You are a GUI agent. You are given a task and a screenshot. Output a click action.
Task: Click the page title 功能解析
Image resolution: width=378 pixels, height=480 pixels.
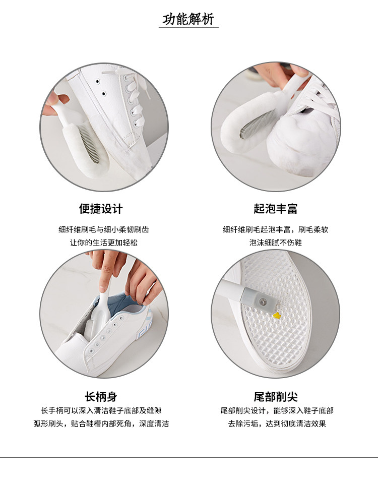pyautogui.click(x=188, y=19)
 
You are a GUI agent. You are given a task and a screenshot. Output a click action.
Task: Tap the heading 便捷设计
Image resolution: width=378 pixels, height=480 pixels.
pyautogui.click(x=101, y=209)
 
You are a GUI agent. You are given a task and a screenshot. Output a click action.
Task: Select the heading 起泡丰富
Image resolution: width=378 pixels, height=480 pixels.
pyautogui.click(x=276, y=209)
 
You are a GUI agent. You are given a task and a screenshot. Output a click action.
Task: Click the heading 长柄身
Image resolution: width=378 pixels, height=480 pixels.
pyautogui.click(x=101, y=397)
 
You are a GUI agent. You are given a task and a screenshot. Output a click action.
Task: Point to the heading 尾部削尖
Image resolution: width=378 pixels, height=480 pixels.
pyautogui.click(x=276, y=397)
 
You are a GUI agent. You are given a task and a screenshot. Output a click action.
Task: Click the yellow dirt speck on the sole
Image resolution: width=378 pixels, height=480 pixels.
pyautogui.click(x=277, y=315)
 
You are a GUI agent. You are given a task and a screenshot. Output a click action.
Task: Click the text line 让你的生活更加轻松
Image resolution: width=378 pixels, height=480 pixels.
pyautogui.click(x=104, y=243)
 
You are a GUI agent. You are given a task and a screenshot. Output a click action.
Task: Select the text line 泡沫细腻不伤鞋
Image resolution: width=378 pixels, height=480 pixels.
pyautogui.click(x=276, y=243)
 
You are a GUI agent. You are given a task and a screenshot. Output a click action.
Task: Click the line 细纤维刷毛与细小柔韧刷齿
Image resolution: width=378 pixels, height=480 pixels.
pyautogui.click(x=104, y=229)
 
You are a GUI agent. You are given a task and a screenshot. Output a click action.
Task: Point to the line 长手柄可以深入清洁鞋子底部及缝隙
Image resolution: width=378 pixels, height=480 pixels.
pyautogui.click(x=101, y=410)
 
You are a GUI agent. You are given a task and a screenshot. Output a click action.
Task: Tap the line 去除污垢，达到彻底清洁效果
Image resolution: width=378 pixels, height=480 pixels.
pyautogui.click(x=277, y=424)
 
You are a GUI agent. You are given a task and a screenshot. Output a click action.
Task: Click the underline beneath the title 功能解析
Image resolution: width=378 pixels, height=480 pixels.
pyautogui.click(x=188, y=28)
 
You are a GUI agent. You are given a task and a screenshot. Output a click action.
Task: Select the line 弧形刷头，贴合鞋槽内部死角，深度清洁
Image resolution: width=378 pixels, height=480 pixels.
pyautogui.click(x=101, y=424)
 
